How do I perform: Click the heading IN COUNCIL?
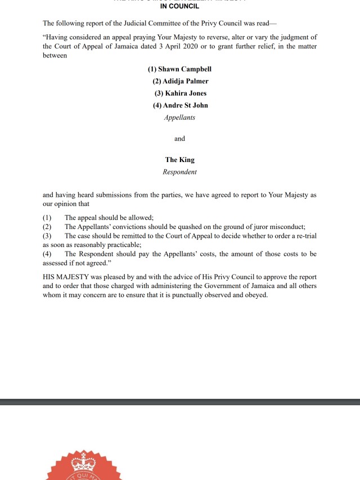pyautogui.click(x=179, y=7)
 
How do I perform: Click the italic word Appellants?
pyautogui.click(x=179, y=118)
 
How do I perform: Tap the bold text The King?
pyautogui.click(x=179, y=160)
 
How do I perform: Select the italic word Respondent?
pyautogui.click(x=179, y=172)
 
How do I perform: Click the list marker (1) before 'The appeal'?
pyautogui.click(x=47, y=218)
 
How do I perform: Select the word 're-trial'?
pyautogui.click(x=305, y=236)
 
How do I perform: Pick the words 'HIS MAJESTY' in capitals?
pyautogui.click(x=64, y=277)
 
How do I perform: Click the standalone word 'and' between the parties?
pyautogui.click(x=179, y=138)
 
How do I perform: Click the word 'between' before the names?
pyautogui.click(x=55, y=56)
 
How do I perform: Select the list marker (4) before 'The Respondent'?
pyautogui.click(x=47, y=254)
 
